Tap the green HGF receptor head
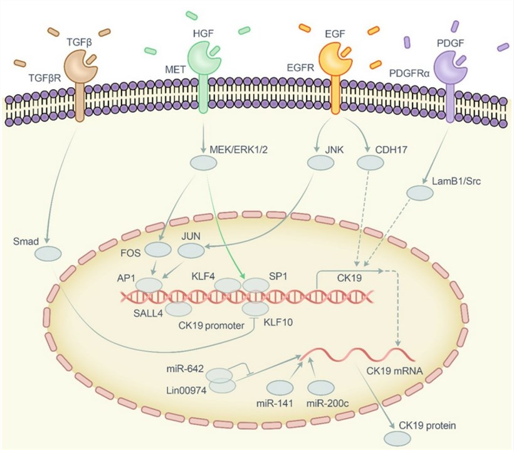202,61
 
